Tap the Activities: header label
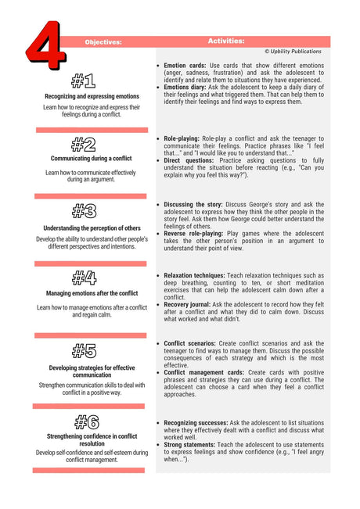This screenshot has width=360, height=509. click(x=226, y=41)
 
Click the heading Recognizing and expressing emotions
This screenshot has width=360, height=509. click(x=92, y=95)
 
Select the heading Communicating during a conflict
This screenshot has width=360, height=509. click(x=92, y=159)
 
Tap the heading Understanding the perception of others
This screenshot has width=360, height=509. click(x=92, y=228)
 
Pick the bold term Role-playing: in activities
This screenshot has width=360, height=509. click(x=186, y=138)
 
